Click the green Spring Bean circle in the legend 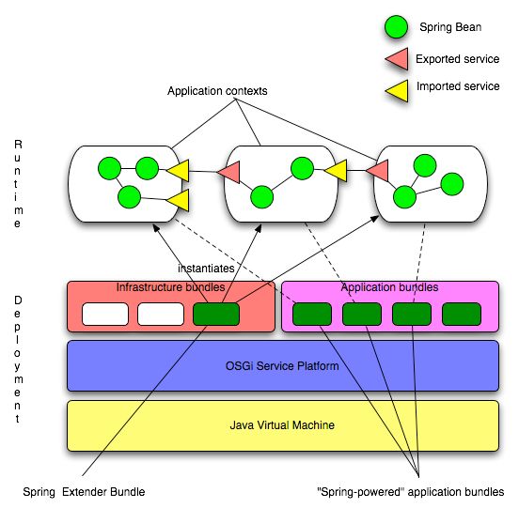click(x=394, y=27)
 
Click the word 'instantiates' click(x=205, y=268)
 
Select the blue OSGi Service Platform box click(x=282, y=365)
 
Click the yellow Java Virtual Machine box click(x=282, y=425)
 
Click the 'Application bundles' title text click(x=388, y=287)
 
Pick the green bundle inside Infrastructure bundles click(x=215, y=314)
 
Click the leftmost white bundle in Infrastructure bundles click(x=105, y=314)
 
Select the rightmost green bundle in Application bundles click(x=461, y=314)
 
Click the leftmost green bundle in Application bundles click(x=312, y=314)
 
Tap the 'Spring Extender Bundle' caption click(x=85, y=492)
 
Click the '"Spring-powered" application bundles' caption click(x=412, y=492)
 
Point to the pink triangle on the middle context click(x=228, y=172)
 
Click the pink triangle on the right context click(x=378, y=171)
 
